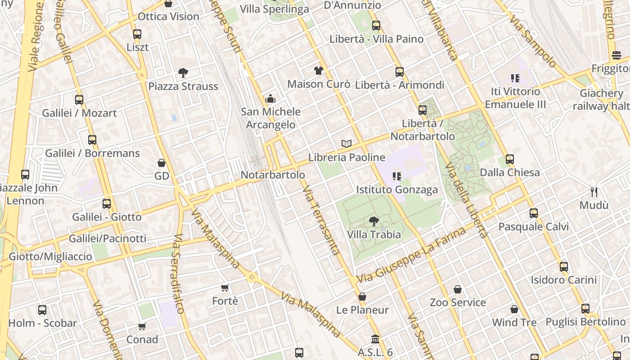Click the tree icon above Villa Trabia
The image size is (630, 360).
tap(373, 221)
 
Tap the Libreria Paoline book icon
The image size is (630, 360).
tap(346, 144)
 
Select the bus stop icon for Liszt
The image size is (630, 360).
tap(137, 34)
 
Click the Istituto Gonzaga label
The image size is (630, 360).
tap(397, 190)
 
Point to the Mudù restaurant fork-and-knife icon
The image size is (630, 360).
tap(594, 192)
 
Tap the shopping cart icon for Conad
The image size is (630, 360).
tap(142, 326)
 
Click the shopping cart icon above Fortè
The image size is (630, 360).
tap(225, 288)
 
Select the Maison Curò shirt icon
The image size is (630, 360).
tap(319, 71)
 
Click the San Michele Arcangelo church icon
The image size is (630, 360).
tap(270, 98)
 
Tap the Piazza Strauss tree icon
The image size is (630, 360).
tap(183, 73)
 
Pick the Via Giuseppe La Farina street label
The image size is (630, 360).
tap(411, 256)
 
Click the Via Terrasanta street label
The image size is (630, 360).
tap(321, 220)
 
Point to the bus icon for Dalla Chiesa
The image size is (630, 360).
tap(509, 159)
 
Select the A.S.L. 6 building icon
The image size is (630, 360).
tap(375, 339)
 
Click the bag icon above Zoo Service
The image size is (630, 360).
tap(458, 289)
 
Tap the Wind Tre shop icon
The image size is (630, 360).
tap(514, 309)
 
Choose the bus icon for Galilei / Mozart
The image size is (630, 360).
tap(79, 99)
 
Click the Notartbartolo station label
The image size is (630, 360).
tap(273, 175)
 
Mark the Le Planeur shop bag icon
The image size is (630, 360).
tap(362, 297)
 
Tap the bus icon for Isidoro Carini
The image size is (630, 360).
tap(563, 266)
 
